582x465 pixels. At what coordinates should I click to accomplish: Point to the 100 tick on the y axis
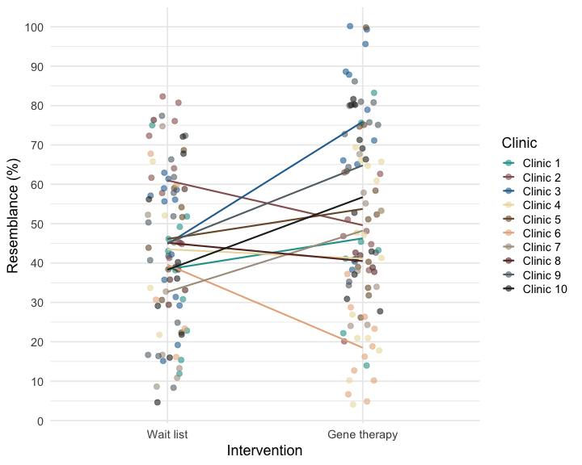click(35, 27)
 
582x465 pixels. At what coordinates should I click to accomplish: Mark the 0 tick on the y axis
click(40, 421)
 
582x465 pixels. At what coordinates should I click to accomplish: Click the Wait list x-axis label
click(167, 435)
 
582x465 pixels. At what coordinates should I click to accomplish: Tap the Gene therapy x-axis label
click(362, 435)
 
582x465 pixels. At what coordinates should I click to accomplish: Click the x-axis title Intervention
click(265, 450)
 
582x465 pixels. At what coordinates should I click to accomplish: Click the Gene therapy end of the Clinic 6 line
click(362, 347)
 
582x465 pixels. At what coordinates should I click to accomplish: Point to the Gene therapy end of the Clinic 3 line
click(362, 123)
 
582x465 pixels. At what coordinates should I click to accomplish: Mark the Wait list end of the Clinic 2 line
click(167, 182)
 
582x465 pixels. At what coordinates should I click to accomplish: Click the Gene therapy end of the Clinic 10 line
click(362, 197)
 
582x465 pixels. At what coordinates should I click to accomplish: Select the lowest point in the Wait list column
click(157, 402)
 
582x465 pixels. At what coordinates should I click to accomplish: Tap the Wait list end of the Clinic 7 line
click(167, 291)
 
